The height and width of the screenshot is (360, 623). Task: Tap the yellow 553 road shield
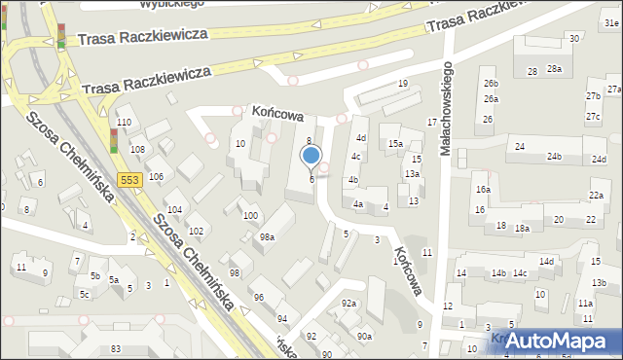click(x=129, y=180)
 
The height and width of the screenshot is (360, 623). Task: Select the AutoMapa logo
click(x=561, y=341)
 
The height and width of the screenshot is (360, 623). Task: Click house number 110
click(x=124, y=122)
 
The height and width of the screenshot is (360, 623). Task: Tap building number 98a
click(x=267, y=236)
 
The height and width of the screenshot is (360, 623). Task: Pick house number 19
click(x=402, y=84)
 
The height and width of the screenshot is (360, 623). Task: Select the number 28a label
click(x=554, y=68)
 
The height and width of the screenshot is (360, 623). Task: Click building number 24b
click(x=554, y=157)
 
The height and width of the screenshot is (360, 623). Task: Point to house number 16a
click(x=483, y=190)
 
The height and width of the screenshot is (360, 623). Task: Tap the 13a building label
click(x=412, y=173)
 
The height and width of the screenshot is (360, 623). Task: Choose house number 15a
click(x=396, y=144)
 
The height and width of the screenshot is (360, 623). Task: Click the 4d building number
click(x=360, y=138)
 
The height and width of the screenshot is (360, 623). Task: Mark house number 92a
click(x=348, y=304)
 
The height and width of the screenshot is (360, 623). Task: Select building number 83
click(x=116, y=348)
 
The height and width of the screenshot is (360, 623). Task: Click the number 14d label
click(x=547, y=262)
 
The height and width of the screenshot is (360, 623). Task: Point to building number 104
click(x=174, y=210)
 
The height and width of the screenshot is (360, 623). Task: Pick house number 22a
click(x=595, y=196)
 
